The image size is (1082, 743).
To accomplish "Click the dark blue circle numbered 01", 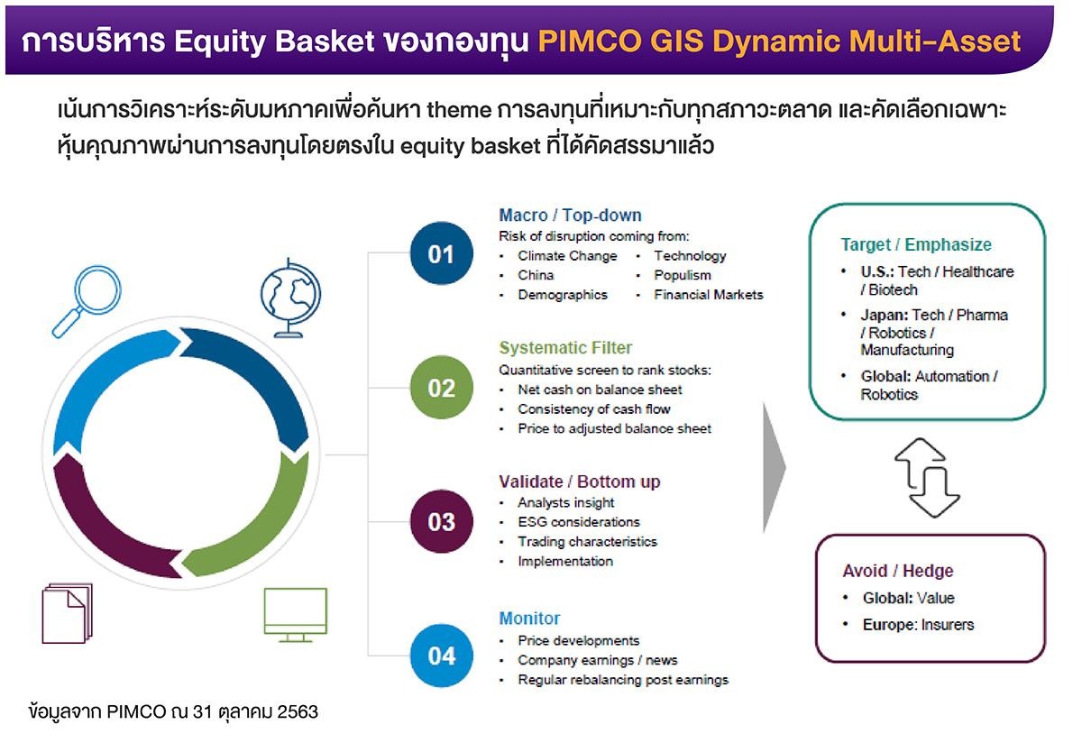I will [441, 255].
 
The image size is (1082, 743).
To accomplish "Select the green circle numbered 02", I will [441, 389].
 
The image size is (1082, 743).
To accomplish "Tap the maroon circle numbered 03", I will [441, 522].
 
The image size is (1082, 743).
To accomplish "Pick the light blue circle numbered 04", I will [441, 656].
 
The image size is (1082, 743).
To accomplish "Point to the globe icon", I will [289, 298].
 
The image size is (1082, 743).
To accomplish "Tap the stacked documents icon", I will [67, 613].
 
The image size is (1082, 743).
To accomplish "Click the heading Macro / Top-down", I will [570, 216].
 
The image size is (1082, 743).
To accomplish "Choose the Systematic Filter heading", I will [565, 348].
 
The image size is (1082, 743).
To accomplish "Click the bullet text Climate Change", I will [567, 256].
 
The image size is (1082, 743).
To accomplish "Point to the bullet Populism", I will [682, 275].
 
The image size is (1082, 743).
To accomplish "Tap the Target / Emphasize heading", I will [916, 244].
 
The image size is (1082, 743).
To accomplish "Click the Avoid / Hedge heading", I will [897, 571].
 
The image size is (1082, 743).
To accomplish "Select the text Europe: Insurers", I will [918, 624].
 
